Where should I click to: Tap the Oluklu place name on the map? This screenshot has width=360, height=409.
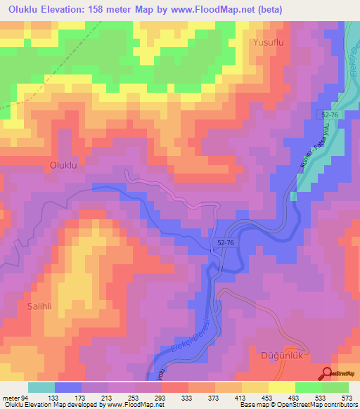pos(67,165)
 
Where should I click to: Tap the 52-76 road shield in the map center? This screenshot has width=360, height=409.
pos(221,241)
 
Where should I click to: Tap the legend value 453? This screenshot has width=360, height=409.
pos(267,397)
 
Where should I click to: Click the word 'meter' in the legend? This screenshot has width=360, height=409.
pos(10,397)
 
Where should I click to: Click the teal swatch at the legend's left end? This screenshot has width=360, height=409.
pos(41,387)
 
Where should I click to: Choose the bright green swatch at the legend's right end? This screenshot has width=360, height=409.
pos(335,387)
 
